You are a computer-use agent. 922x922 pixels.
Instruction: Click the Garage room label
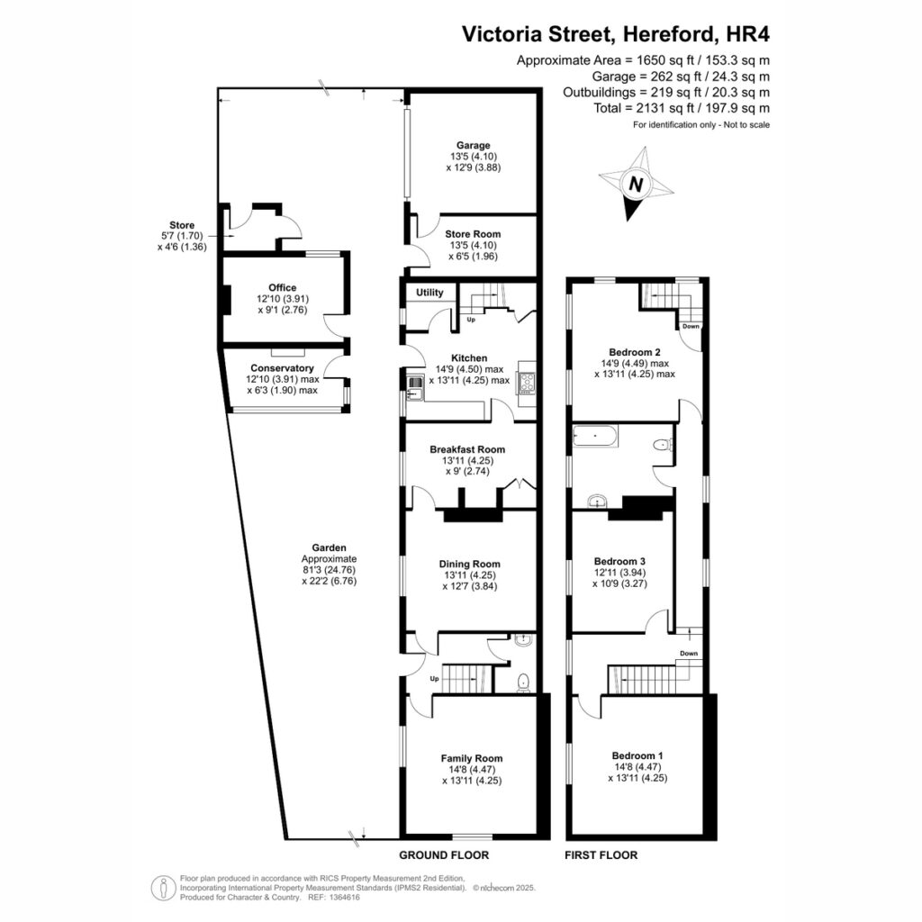pyautogui.click(x=474, y=145)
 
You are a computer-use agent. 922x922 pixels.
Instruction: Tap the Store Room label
pyautogui.click(x=473, y=234)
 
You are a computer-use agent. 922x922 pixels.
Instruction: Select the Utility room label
pyautogui.click(x=429, y=293)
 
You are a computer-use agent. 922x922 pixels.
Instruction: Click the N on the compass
pyautogui.click(x=635, y=185)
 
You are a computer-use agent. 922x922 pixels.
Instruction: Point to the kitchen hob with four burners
pyautogui.click(x=527, y=383)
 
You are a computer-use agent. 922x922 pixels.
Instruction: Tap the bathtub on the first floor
pyautogui.click(x=595, y=437)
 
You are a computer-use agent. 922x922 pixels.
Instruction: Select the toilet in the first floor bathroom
pyautogui.click(x=664, y=445)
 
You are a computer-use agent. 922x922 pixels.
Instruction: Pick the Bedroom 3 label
pyautogui.click(x=619, y=562)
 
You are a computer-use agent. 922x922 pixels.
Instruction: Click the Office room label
pyautogui.click(x=282, y=287)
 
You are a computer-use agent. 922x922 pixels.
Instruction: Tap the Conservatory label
pyautogui.click(x=282, y=368)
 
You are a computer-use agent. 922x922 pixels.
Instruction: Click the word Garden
pyautogui.click(x=330, y=547)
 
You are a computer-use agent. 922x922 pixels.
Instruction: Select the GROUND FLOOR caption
pyautogui.click(x=444, y=855)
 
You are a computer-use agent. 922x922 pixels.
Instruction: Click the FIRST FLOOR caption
pyautogui.click(x=601, y=855)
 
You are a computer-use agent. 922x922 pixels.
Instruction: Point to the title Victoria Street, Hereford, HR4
pyautogui.click(x=616, y=34)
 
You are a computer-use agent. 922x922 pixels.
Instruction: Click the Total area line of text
pyautogui.click(x=682, y=108)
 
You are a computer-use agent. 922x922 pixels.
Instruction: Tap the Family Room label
pyautogui.click(x=472, y=758)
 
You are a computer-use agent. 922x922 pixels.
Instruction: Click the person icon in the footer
pyautogui.click(x=164, y=888)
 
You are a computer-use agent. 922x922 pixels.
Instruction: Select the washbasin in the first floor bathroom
pyautogui.click(x=598, y=502)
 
